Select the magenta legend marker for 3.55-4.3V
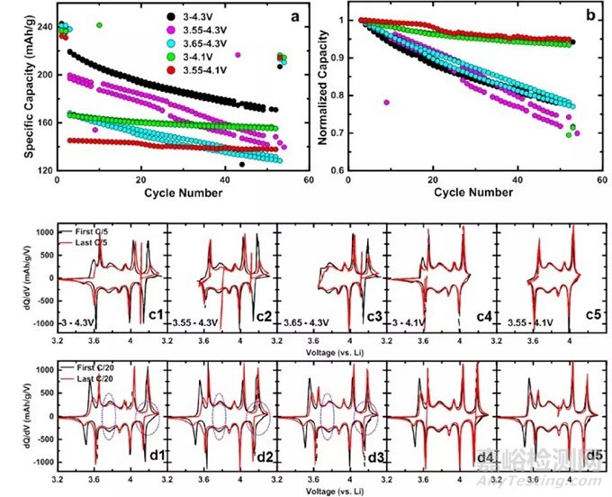[x=172, y=31]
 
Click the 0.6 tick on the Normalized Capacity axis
[x=337, y=171]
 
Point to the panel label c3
[x=375, y=316]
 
